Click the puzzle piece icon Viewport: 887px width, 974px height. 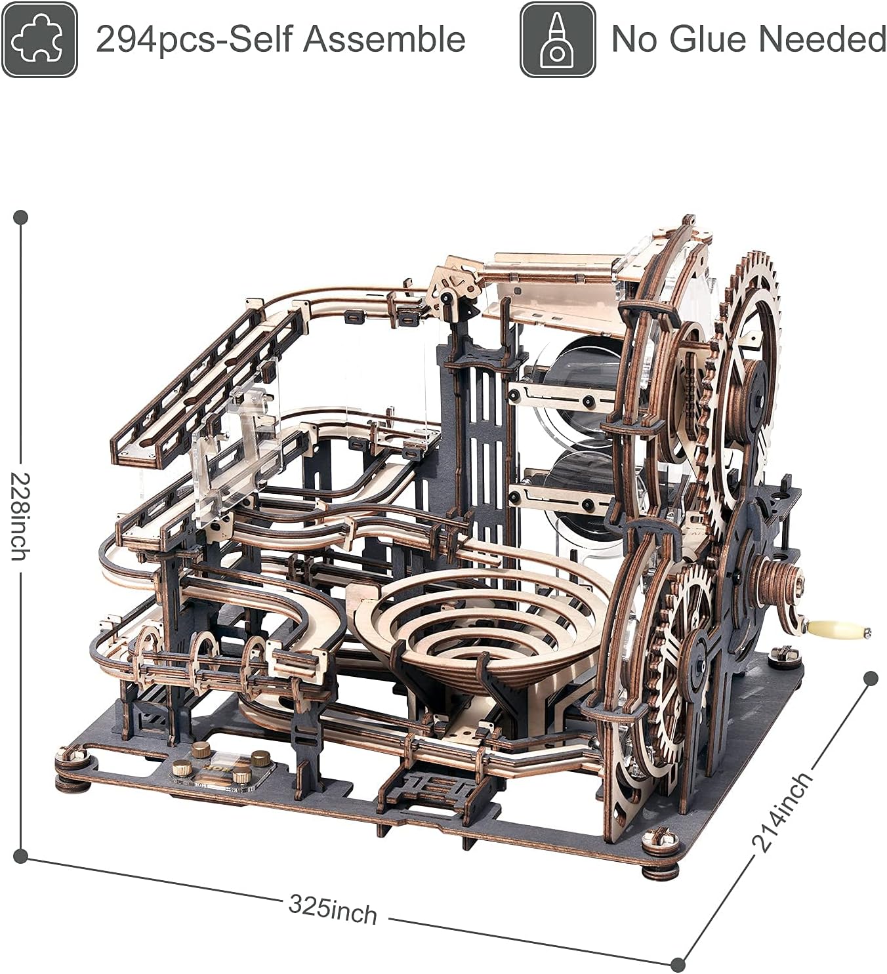pos(39,39)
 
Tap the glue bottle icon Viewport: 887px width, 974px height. pos(558,39)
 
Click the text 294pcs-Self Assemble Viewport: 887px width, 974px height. pos(281,39)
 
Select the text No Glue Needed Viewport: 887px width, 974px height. pos(748,39)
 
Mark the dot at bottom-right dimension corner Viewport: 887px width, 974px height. pos(678,964)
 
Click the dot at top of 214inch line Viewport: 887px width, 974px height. pos(871,679)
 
